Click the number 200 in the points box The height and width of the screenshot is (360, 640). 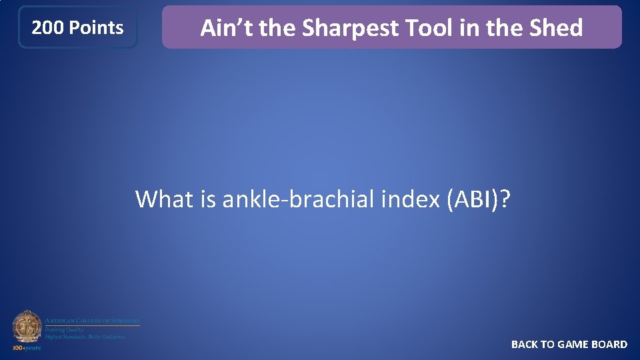(48, 28)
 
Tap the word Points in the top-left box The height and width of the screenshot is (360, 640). (96, 28)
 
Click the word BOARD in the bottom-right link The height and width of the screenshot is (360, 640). (609, 345)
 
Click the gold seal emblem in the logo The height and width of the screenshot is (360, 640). (27, 327)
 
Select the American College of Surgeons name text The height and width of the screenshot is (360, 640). (92, 321)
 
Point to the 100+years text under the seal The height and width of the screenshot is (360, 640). (27, 348)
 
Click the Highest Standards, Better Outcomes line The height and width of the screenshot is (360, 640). (85, 337)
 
